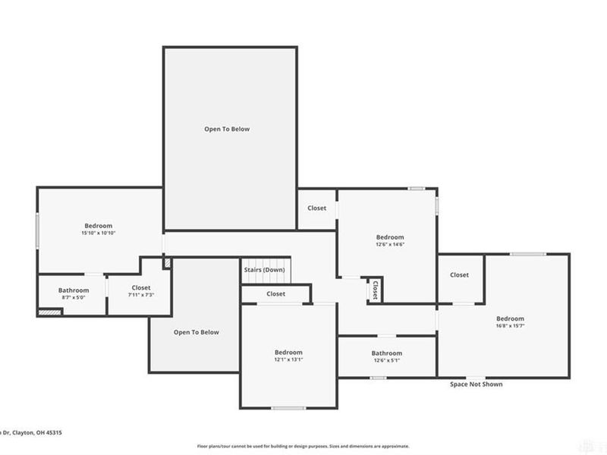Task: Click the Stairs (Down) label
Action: [264, 270]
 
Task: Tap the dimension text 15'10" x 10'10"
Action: [98, 234]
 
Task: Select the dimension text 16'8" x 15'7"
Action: [510, 326]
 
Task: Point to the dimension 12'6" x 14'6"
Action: [390, 244]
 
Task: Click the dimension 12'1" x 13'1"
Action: [288, 359]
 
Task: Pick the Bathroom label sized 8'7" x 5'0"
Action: [74, 290]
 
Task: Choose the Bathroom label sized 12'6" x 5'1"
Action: [386, 353]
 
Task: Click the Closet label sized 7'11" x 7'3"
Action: [141, 287]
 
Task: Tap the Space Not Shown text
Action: [476, 384]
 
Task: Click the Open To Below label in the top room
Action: [226, 129]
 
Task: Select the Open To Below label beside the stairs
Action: [196, 332]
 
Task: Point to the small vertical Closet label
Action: [374, 289]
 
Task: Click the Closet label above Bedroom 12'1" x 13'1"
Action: [275, 293]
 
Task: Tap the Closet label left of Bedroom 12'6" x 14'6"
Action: [316, 209]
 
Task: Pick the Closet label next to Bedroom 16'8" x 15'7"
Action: [459, 275]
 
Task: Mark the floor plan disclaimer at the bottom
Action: [303, 447]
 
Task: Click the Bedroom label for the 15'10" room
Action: [98, 226]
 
